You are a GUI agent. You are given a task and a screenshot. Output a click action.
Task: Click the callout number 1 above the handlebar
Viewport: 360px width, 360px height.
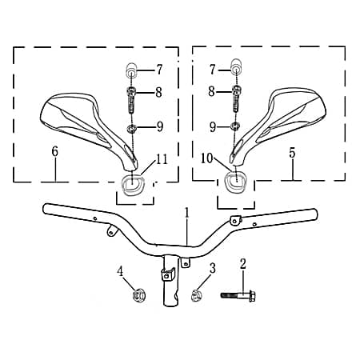(x=186, y=213)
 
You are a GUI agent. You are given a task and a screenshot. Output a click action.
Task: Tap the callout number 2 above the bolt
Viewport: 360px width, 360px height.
(x=243, y=263)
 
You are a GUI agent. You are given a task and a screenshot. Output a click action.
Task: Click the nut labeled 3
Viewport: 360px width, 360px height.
(x=194, y=295)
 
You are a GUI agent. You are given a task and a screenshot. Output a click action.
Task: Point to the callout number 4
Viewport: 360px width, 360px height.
(x=121, y=271)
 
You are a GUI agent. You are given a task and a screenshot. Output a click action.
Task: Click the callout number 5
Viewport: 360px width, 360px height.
(x=292, y=150)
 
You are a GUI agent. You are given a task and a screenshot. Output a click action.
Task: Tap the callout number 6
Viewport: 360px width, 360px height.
(x=54, y=150)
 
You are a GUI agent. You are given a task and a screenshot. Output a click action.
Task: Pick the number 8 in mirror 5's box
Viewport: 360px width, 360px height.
(x=212, y=92)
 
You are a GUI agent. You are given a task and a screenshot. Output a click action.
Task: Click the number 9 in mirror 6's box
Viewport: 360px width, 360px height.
(x=159, y=126)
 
